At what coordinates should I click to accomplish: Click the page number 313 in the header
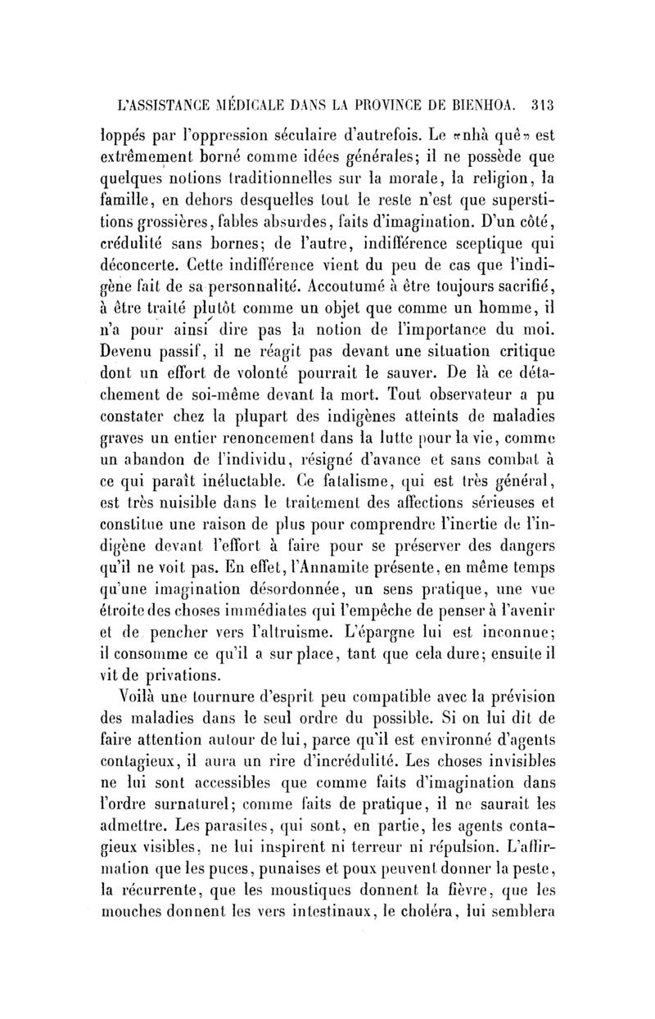(542, 105)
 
